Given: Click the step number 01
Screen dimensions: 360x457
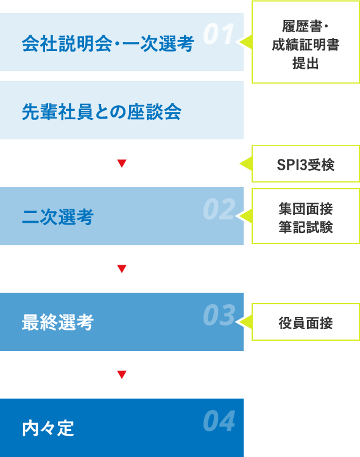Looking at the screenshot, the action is tap(219, 34).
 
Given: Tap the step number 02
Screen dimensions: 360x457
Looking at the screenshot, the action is tap(219, 209).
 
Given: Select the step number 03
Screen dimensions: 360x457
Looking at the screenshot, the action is tap(219, 315).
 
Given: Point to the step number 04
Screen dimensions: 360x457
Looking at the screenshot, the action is tap(219, 420).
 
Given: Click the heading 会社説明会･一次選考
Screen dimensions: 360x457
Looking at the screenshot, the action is tap(108, 44).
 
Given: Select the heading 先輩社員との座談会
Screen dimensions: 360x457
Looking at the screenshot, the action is tap(102, 112).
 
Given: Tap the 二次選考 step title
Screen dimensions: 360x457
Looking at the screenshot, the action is tap(58, 217).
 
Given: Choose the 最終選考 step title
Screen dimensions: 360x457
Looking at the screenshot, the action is tap(58, 323).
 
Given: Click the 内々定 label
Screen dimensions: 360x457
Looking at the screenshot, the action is tap(48, 428).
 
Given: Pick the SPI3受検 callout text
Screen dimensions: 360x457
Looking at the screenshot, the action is tap(305, 165).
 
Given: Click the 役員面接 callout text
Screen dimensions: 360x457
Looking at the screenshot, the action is tap(305, 323).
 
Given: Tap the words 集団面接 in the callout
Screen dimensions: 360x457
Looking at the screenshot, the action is tap(305, 209).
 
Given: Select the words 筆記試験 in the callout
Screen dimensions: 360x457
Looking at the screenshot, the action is tap(305, 227).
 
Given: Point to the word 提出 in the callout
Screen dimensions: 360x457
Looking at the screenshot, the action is tap(305, 63).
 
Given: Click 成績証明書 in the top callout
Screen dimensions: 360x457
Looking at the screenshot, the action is tap(305, 45).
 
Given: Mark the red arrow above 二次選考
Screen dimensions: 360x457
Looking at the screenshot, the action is tap(122, 163).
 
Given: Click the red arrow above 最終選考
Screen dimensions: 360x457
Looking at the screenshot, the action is tap(122, 268).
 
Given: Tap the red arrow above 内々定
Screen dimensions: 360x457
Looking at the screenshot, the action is tap(122, 374).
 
